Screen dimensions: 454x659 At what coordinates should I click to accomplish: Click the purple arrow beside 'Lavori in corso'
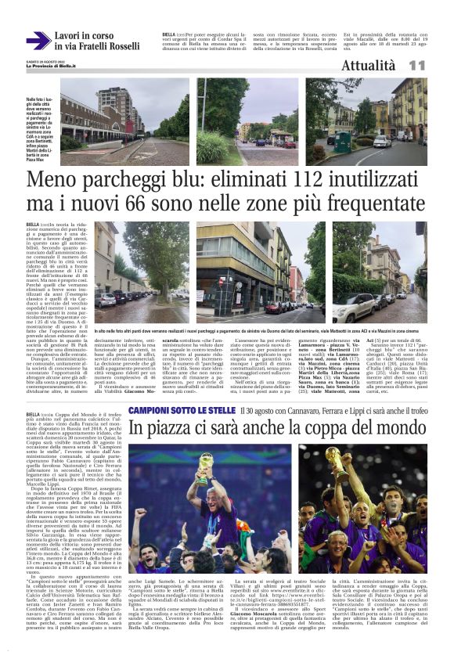38,41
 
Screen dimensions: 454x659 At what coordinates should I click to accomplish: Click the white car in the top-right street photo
381,142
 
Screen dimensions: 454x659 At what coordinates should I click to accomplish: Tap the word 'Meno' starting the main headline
55,182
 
